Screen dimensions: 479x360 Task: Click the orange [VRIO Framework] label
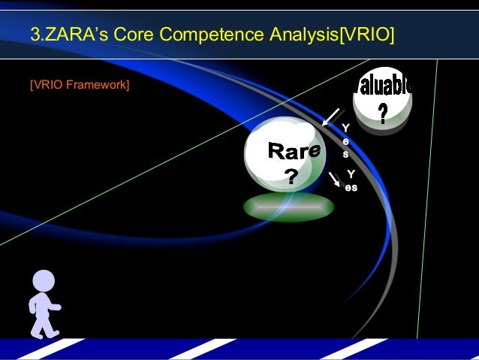click(80, 84)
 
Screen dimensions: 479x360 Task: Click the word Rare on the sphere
click(294, 152)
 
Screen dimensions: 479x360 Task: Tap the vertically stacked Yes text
click(345, 141)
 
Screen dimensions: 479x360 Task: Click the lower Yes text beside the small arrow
click(351, 180)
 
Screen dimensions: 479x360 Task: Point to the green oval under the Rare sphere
click(289, 207)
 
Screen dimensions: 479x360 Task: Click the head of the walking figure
click(44, 281)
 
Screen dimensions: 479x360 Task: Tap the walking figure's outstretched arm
click(53, 307)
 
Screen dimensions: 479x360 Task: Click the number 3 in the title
click(34, 34)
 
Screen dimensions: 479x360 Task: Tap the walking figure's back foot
click(35, 331)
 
